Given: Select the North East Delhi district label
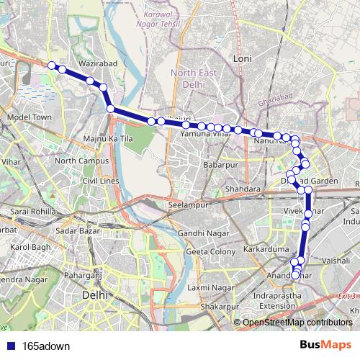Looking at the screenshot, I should (193, 78).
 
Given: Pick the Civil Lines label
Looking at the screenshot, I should (99, 180).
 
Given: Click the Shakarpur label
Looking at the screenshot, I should (218, 306).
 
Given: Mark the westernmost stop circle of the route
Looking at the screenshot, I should (52, 66).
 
